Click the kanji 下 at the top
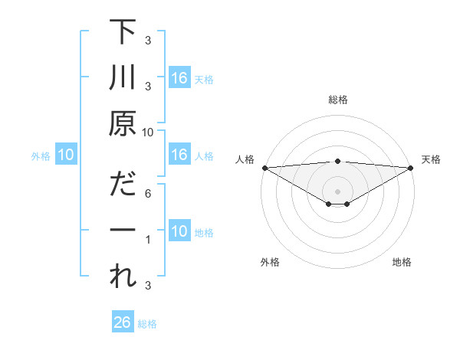click(123, 33)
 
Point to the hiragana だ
click(123, 185)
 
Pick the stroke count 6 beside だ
click(148, 195)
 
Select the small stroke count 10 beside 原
click(148, 133)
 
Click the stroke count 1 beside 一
click(148, 241)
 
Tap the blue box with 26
click(123, 323)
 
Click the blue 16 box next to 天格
click(179, 78)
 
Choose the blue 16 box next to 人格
click(179, 155)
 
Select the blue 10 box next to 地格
click(179, 232)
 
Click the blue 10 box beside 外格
click(66, 155)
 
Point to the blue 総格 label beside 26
click(147, 324)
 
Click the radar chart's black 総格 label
click(337, 100)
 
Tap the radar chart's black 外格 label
click(270, 263)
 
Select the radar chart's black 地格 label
click(402, 263)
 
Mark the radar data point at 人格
click(264, 168)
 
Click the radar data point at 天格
click(411, 168)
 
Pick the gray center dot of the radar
click(337, 190)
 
